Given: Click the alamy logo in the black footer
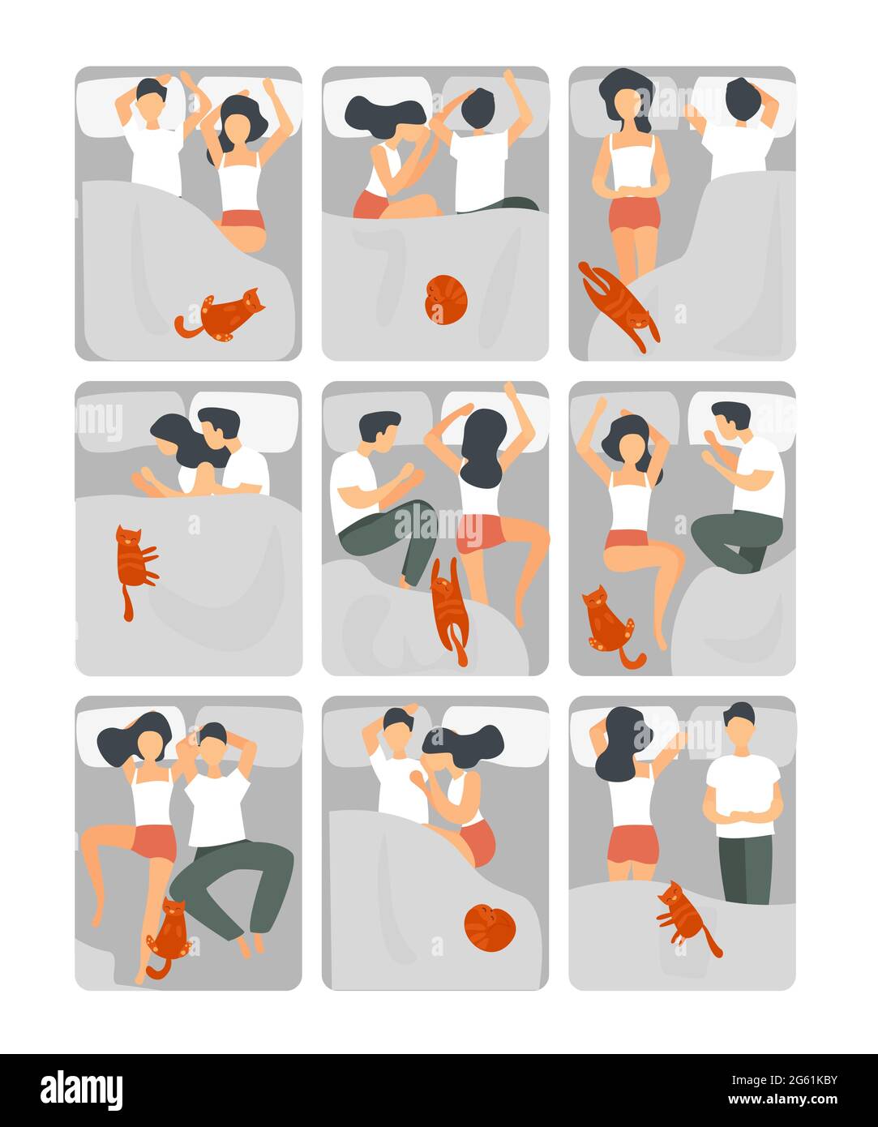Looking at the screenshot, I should pyautogui.click(x=81, y=1090).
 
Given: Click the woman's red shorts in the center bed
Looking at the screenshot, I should pyautogui.click(x=480, y=532).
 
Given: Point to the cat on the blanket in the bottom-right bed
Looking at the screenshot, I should pyautogui.click(x=683, y=915).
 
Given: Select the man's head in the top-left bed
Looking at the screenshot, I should pyautogui.click(x=152, y=96).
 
